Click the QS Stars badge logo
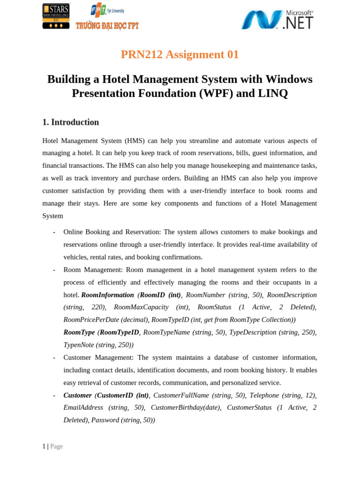pyautogui.click(x=56, y=16)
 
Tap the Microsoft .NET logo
pyautogui.click(x=277, y=20)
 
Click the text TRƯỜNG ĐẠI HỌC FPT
pyautogui.click(x=107, y=26)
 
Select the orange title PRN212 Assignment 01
pyautogui.click(x=180, y=54)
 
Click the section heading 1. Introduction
pyautogui.click(x=71, y=122)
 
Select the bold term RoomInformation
pyautogui.click(x=108, y=295)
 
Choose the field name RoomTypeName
pyautogui.click(x=166, y=332)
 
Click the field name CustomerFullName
pyautogui.click(x=181, y=395)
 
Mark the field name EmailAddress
pyautogui.click(x=83, y=408)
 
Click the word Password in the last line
pyautogui.click(x=105, y=420)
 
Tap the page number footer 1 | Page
pyautogui.click(x=52, y=447)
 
